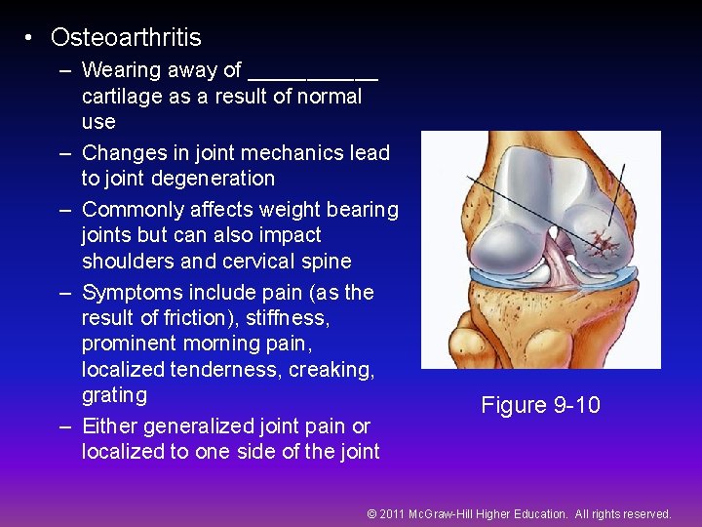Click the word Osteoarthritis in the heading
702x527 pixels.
pos(126,38)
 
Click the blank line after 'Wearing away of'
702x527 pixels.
pos(313,72)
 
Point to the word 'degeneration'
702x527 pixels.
pos(215,179)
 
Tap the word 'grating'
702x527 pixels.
pos(114,395)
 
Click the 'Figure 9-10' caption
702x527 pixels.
pos(540,405)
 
